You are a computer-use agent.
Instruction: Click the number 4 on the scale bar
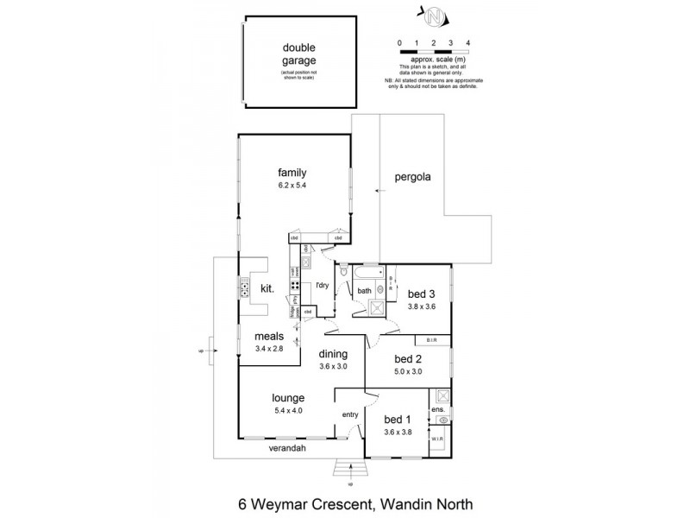467,41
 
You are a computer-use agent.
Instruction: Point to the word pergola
412,177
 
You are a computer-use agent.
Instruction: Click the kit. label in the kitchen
267,291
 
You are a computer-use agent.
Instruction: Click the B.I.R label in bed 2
432,340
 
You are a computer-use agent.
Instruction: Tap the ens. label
439,408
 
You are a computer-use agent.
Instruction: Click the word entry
350,415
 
